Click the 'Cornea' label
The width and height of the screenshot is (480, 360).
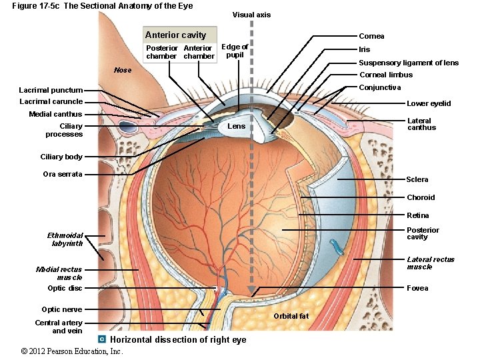371,36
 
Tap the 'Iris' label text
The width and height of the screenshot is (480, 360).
364,49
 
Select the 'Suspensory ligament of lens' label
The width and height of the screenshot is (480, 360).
409,63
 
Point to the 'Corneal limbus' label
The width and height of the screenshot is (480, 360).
386,75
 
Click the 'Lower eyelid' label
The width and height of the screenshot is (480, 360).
429,103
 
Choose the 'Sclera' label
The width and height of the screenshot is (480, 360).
417,179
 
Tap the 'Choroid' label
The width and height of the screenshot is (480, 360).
421,197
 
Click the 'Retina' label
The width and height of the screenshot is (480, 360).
418,215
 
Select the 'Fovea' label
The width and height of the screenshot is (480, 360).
417,288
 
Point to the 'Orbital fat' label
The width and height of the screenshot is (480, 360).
291,316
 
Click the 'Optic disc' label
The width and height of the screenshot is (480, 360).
65,288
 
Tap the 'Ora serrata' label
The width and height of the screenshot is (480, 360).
63,174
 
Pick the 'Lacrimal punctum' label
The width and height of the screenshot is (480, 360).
51,90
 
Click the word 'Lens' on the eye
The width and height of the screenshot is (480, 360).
237,126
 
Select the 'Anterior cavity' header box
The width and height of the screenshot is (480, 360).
175,35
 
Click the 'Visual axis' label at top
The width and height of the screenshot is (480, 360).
251,15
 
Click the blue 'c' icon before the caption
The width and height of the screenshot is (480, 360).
102,339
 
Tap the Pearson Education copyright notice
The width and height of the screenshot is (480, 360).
72,351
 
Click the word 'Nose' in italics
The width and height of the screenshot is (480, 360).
123,70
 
